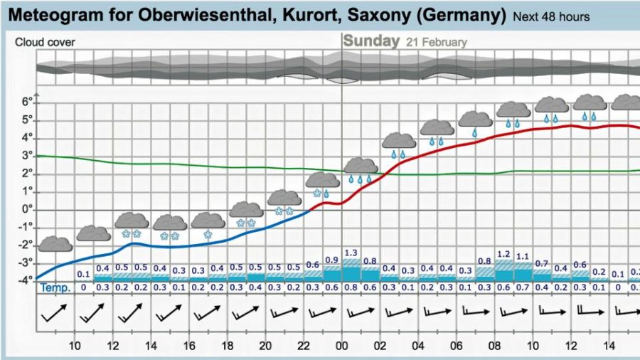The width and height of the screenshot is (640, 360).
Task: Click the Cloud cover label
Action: coord(45,42)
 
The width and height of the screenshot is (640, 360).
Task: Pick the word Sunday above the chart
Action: coord(371,41)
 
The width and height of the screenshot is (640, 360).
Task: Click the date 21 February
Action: coord(437,42)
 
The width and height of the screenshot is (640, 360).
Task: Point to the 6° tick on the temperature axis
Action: coord(26,102)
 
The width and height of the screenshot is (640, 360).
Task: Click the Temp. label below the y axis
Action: coord(55,287)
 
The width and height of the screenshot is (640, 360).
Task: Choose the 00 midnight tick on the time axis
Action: coord(342,346)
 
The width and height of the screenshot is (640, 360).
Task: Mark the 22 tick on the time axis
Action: coord(304,346)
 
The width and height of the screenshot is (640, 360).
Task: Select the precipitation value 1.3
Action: coord(351,253)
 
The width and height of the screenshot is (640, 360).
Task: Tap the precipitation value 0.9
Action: coord(332,260)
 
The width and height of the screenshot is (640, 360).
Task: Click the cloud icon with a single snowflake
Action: coord(208,224)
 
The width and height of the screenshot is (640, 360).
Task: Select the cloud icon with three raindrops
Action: coord(361,169)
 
